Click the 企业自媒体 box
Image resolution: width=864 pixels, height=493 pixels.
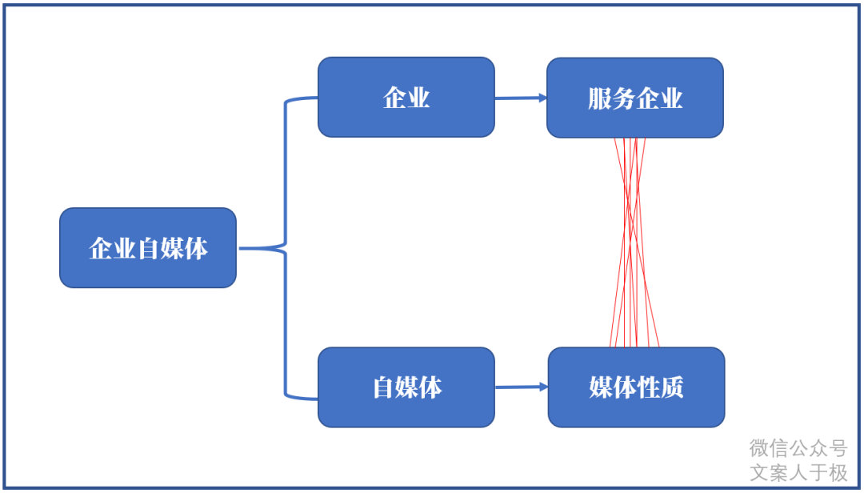(x=148, y=248)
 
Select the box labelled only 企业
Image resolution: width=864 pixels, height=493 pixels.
(x=406, y=97)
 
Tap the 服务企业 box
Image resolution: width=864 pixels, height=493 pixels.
(x=635, y=98)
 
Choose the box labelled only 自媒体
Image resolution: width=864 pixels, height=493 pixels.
(x=406, y=387)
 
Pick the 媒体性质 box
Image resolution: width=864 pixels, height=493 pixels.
(x=636, y=387)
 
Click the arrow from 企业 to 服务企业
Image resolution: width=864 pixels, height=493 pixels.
(x=520, y=98)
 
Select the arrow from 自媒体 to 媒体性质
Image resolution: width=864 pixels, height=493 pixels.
(x=521, y=387)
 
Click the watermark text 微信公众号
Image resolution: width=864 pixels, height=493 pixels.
(x=798, y=447)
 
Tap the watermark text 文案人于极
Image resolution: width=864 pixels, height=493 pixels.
(x=798, y=473)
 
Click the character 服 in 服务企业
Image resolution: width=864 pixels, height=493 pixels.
(x=600, y=98)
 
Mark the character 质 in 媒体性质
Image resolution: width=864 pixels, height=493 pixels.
(x=672, y=388)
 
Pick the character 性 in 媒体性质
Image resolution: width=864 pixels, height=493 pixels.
(x=649, y=388)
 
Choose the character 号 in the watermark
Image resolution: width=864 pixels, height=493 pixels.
(x=837, y=447)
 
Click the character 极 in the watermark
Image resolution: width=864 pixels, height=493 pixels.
(x=838, y=473)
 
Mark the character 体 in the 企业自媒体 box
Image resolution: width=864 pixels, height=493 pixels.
(x=196, y=249)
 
